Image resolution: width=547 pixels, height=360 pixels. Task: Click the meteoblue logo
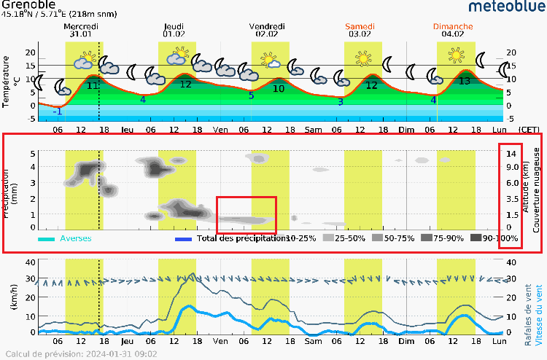504,8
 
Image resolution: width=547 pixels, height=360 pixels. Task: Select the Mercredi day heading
82,26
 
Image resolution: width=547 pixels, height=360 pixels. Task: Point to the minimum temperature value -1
57,111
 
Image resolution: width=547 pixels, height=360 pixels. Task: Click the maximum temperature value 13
465,82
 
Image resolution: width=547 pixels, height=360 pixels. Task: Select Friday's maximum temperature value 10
279,88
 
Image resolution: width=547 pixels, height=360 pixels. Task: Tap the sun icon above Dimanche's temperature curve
457,55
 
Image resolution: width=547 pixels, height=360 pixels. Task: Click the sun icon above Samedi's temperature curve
363,56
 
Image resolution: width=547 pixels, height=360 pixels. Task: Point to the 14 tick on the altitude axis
512,153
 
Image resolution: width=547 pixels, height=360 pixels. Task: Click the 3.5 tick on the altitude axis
512,198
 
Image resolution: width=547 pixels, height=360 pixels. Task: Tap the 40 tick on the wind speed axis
31,262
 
